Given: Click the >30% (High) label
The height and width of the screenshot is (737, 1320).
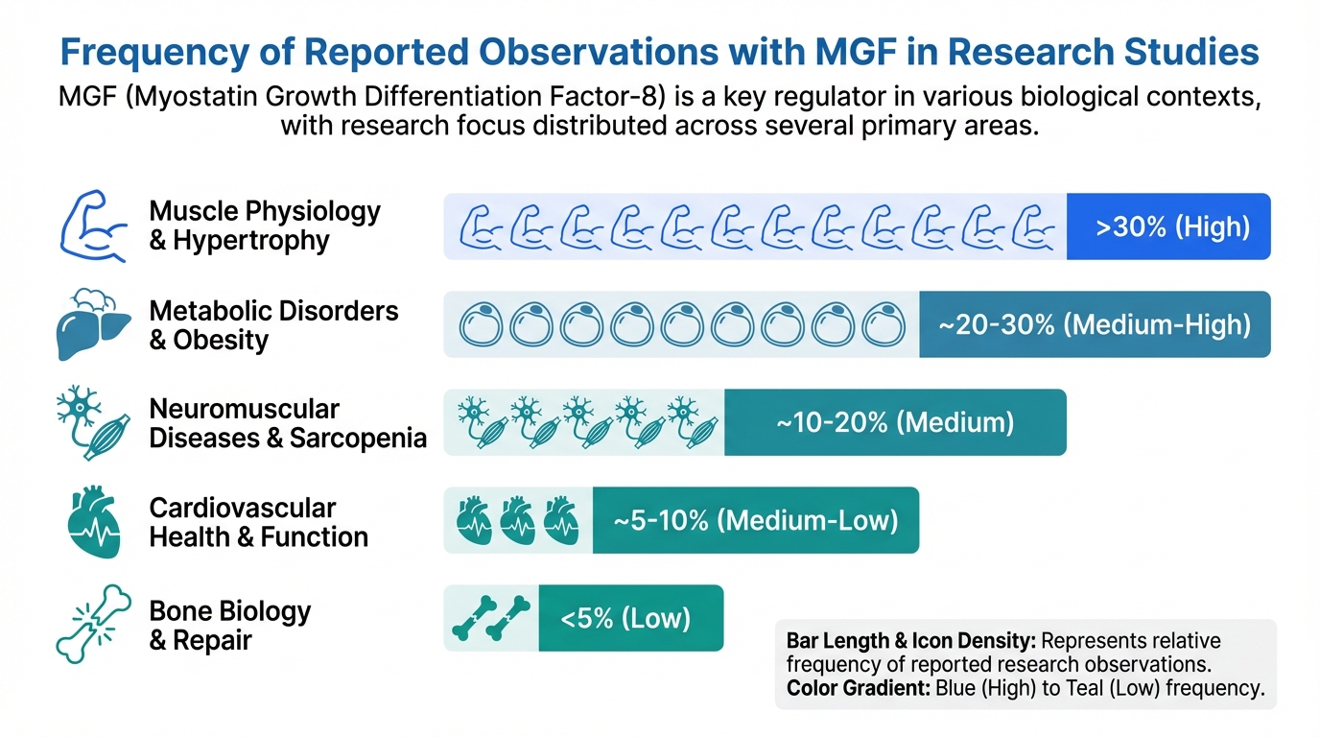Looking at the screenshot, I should [1172, 227].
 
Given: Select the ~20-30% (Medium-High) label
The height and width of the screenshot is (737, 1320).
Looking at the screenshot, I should [1094, 325].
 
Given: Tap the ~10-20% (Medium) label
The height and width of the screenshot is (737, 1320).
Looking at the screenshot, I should [894, 422].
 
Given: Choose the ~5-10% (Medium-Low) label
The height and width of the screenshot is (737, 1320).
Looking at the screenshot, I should [755, 520].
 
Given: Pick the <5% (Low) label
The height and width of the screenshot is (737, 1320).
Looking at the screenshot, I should [625, 618].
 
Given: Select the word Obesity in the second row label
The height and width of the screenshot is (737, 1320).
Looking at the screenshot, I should [221, 340].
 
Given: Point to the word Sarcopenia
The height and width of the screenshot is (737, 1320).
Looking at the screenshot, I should [358, 439].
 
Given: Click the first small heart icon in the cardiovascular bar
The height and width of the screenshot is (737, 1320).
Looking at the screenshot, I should [473, 521].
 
